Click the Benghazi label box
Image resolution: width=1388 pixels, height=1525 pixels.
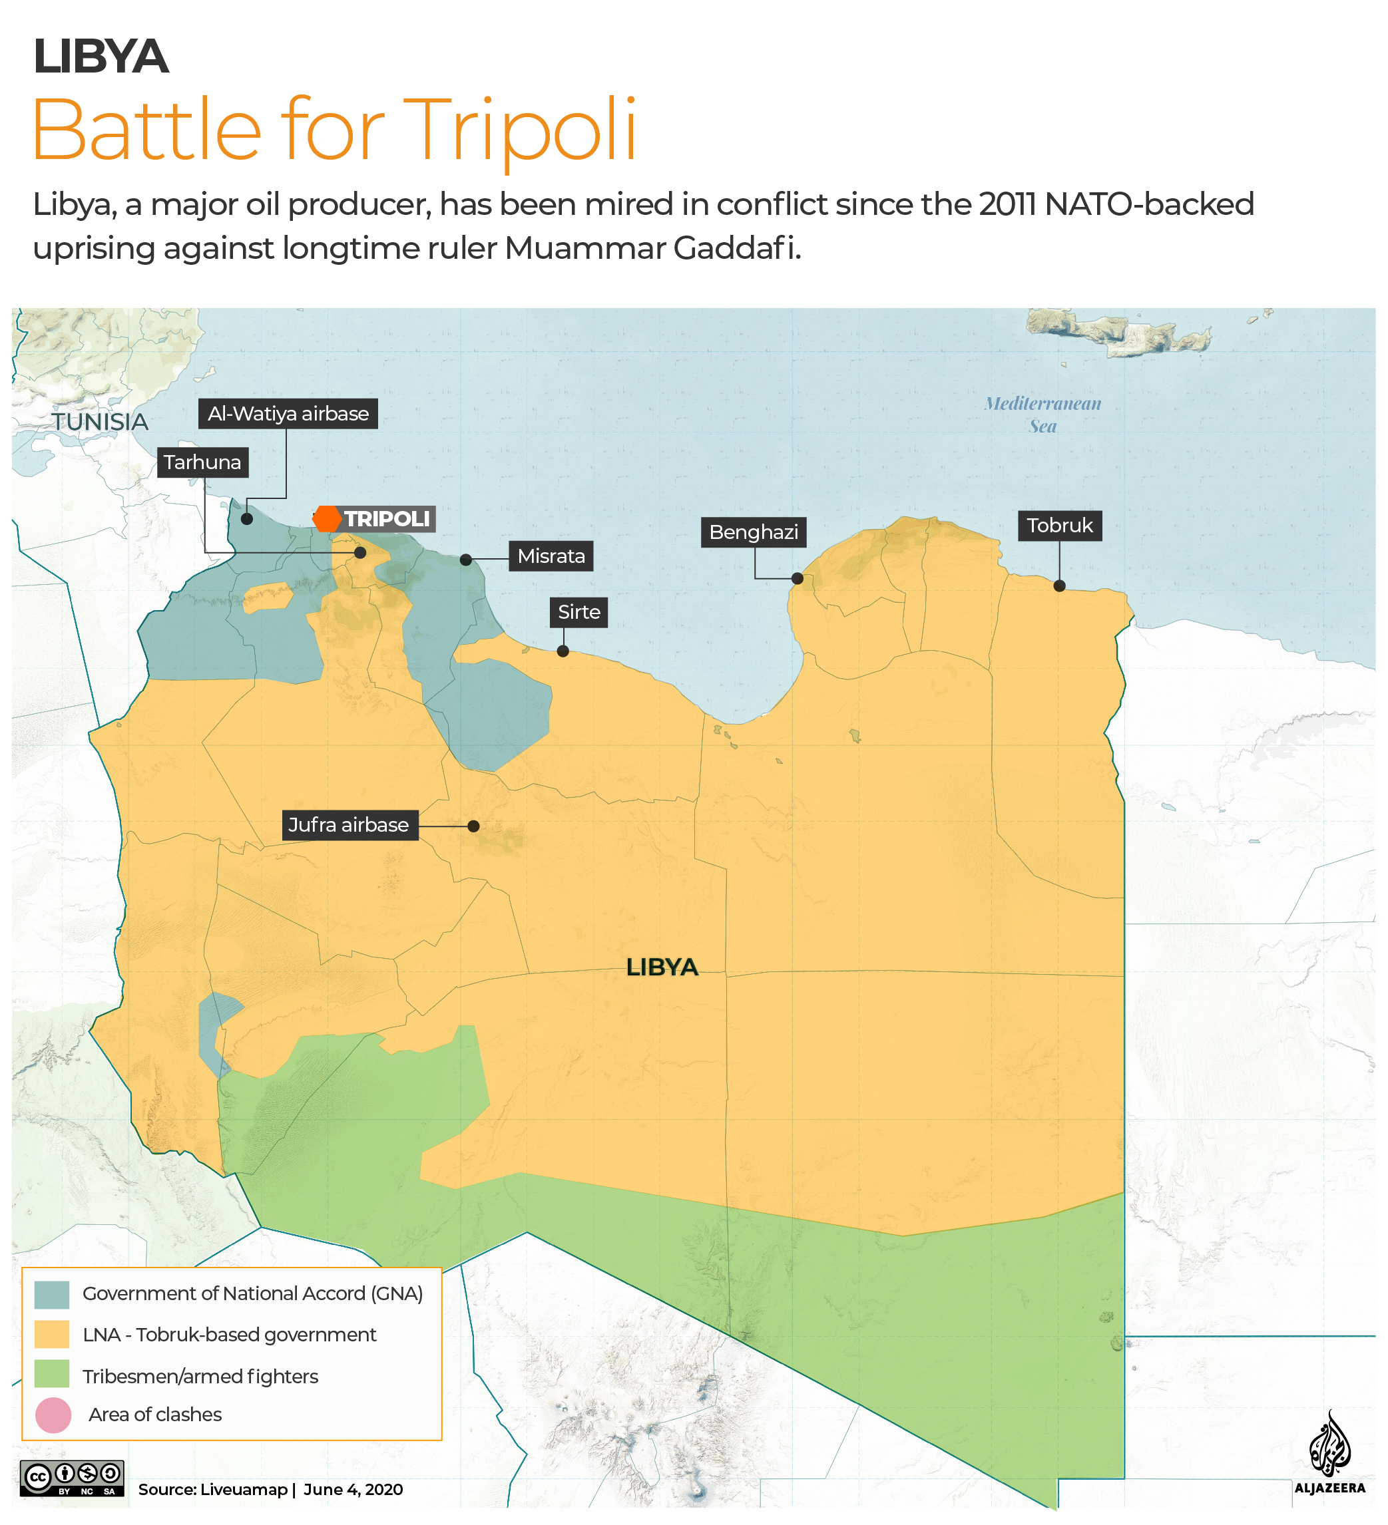[753, 532]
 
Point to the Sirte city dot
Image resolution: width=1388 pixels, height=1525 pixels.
[563, 651]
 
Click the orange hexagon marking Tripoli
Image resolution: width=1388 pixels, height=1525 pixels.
[327, 519]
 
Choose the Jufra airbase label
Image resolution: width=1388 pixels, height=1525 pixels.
[348, 824]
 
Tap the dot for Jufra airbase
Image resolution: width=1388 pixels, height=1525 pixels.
[473, 826]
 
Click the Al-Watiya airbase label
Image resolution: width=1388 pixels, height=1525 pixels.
[288, 414]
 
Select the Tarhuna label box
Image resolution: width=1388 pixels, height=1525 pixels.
[202, 462]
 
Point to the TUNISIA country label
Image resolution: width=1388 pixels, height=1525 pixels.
[100, 422]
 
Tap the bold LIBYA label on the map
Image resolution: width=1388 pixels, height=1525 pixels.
[662, 967]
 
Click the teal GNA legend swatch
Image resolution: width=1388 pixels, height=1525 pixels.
[51, 1294]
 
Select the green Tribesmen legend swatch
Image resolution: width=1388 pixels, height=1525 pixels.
[51, 1374]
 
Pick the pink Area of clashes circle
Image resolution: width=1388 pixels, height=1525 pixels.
[53, 1415]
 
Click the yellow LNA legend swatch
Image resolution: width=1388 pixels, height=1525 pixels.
[51, 1335]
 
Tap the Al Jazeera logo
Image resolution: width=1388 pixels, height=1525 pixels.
[1329, 1453]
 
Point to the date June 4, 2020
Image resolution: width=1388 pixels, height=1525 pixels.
[353, 1490]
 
